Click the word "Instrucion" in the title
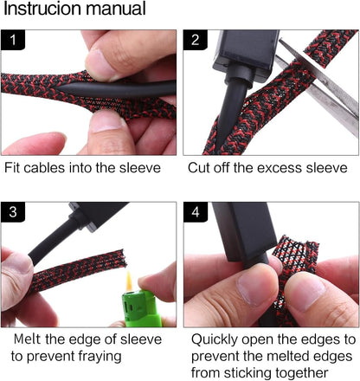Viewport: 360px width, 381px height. pos(40,9)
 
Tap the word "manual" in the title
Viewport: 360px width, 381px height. pos(112,9)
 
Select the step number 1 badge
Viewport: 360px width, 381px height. pos(13,40)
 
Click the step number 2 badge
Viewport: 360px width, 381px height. pos(196,40)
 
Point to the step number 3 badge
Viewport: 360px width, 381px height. pos(13,212)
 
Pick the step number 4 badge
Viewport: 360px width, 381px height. pos(196,212)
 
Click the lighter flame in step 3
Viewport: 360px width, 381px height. pos(129,281)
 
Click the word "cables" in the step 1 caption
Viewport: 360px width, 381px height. pos(44,168)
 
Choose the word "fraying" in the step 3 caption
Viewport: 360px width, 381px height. pos(101,357)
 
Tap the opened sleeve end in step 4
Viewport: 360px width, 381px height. pos(296,254)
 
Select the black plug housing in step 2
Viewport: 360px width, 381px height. pos(246,50)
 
